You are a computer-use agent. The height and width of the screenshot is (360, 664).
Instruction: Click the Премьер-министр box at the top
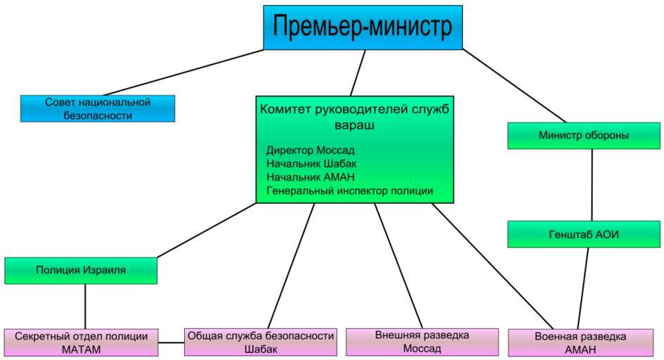pyautogui.click(x=363, y=27)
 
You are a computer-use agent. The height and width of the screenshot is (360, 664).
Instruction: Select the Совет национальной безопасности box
pyautogui.click(x=98, y=108)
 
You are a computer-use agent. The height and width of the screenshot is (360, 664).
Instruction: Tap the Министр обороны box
pyautogui.click(x=584, y=136)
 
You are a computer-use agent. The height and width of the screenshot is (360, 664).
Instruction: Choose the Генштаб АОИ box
pyautogui.click(x=584, y=234)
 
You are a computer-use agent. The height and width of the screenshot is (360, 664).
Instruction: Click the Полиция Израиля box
pyautogui.click(x=81, y=271)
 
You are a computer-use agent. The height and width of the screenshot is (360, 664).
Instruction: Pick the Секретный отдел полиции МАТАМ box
pyautogui.click(x=82, y=342)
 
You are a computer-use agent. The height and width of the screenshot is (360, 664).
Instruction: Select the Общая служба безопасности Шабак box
pyautogui.click(x=261, y=342)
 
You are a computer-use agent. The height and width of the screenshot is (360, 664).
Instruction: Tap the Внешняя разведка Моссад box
pyautogui.click(x=422, y=342)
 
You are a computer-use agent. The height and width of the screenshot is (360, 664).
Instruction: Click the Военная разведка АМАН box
pyautogui.click(x=580, y=343)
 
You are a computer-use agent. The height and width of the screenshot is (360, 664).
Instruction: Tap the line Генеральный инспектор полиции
pyautogui.click(x=349, y=191)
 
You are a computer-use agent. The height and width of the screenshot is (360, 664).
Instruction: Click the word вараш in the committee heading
pyautogui.click(x=353, y=127)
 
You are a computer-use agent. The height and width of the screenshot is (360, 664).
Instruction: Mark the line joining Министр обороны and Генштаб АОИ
pyautogui.click(x=592, y=185)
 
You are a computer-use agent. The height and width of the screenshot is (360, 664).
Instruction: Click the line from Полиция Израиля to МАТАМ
pyautogui.click(x=85, y=306)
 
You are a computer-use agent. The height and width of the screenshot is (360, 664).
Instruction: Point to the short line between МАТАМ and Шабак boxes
pyautogui.click(x=171, y=343)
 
